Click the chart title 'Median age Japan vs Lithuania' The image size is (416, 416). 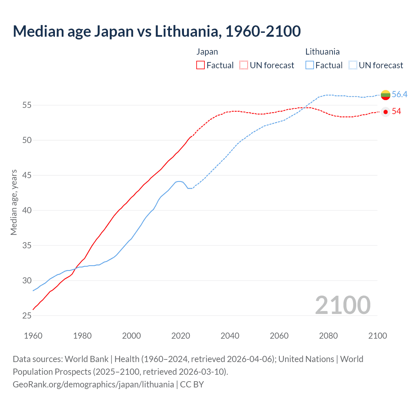(x=157, y=31)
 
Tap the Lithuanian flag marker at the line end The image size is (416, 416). (x=385, y=95)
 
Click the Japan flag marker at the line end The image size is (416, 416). (x=385, y=112)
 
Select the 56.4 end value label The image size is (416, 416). (x=399, y=94)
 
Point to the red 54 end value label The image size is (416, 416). (x=396, y=111)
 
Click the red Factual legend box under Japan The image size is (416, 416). (x=201, y=65)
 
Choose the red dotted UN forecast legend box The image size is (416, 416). (x=244, y=65)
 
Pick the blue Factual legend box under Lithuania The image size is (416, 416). (x=310, y=65)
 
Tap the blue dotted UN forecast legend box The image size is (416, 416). (x=353, y=65)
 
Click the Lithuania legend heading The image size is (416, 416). (x=322, y=52)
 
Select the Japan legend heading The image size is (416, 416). (x=207, y=52)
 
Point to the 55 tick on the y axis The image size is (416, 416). (x=27, y=105)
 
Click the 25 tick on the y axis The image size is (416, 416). (x=27, y=316)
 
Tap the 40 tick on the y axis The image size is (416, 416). (x=27, y=210)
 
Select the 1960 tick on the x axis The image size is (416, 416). (x=33, y=336)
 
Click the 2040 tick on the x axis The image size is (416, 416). (x=230, y=336)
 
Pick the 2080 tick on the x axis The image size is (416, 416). (x=328, y=336)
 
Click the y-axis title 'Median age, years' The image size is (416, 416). (x=14, y=202)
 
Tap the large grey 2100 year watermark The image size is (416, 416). (x=343, y=305)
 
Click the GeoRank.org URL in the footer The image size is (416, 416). (x=93, y=384)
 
